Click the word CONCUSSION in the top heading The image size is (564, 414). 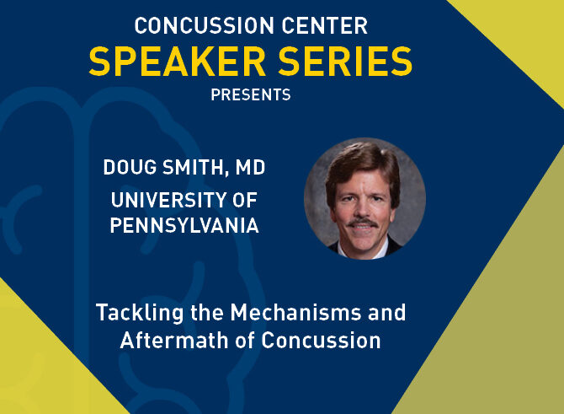coord(205,25)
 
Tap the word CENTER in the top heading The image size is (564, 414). coord(325,25)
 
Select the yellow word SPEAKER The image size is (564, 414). coord(178,62)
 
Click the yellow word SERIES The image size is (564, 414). coord(345,62)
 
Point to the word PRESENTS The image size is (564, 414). coord(251,95)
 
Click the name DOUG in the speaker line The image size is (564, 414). coord(130,168)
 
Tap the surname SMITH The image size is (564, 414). coord(195,168)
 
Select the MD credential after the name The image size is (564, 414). coord(250,168)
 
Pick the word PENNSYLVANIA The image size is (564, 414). coord(184,226)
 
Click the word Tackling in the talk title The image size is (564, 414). coord(140,313)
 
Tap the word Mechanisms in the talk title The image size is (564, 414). coord(295,312)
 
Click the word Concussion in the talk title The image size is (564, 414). coord(321,341)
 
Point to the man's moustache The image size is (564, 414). coord(362,223)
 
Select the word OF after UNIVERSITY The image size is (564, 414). coord(245,200)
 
